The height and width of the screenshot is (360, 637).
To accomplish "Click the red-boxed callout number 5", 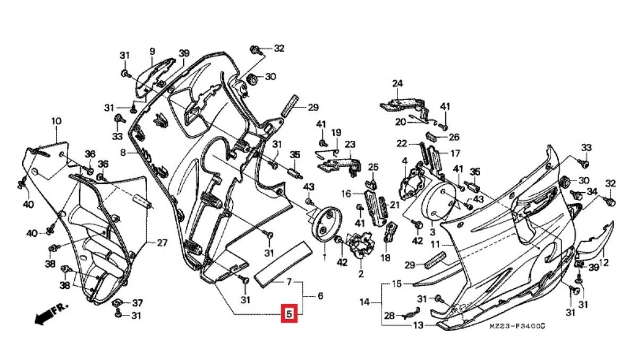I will (x=289, y=314).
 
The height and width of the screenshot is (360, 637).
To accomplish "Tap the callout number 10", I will (x=56, y=121).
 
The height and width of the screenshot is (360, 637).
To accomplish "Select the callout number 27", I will (x=162, y=243).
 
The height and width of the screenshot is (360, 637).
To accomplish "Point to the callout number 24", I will (x=398, y=83).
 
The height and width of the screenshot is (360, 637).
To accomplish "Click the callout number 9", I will (x=152, y=52).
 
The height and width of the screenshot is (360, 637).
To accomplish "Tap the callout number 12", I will (x=604, y=262).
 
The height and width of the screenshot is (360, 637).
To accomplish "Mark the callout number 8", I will (x=123, y=152).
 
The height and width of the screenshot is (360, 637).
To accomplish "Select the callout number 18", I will (x=385, y=258).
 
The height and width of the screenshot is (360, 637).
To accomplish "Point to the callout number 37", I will (x=137, y=303).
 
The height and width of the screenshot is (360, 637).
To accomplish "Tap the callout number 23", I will (x=350, y=144).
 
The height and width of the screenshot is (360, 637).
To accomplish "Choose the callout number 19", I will (x=336, y=132).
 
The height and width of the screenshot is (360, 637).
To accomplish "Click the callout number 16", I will (x=346, y=194).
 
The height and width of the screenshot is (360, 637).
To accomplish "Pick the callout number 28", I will (x=389, y=316).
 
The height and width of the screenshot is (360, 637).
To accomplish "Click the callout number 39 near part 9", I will (x=184, y=53).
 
